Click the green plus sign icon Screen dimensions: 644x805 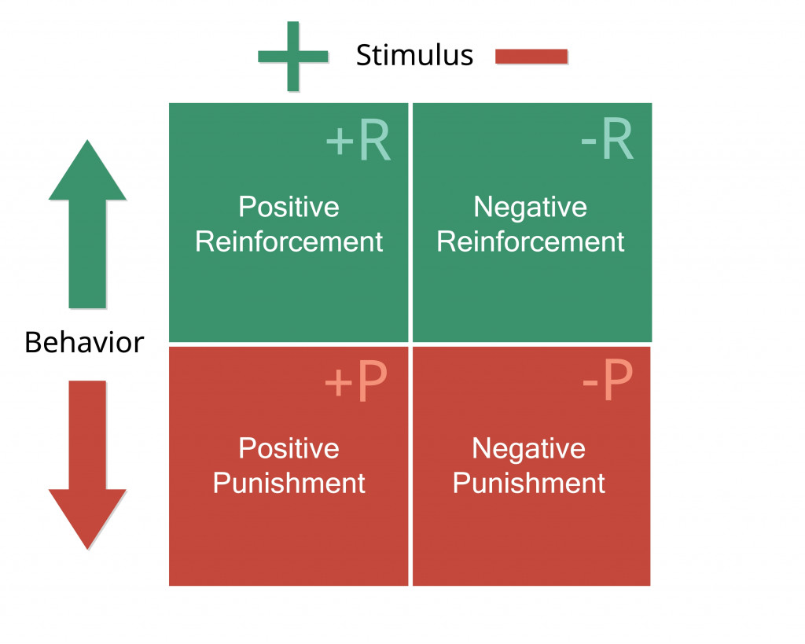click(x=293, y=56)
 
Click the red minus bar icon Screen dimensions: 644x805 click(x=531, y=57)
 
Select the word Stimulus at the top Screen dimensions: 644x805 click(x=414, y=56)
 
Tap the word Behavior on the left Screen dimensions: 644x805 click(x=84, y=343)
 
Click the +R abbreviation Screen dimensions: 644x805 click(x=358, y=142)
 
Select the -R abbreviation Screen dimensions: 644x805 click(x=606, y=142)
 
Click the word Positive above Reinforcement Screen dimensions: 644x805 click(x=289, y=208)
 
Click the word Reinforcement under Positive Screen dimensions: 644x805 click(x=289, y=241)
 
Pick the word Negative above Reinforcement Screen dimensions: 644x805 click(x=531, y=208)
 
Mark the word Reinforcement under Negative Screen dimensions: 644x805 click(x=531, y=241)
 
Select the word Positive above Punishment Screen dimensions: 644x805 click(x=289, y=449)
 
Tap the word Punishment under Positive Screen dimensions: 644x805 click(x=289, y=483)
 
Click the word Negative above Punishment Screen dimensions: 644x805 click(x=528, y=449)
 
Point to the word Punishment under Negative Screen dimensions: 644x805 click(x=528, y=483)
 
